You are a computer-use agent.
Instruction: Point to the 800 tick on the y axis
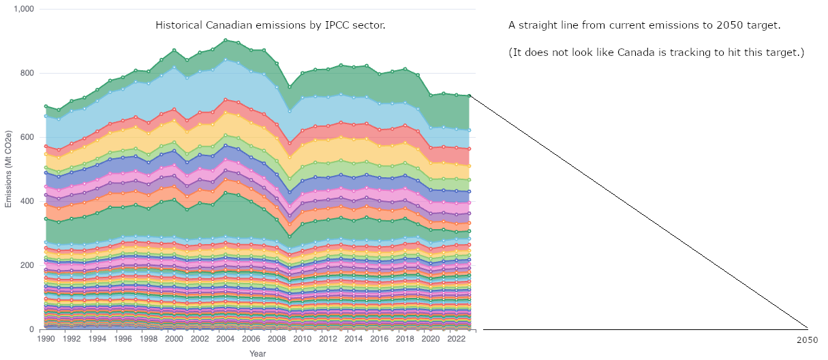[28, 73]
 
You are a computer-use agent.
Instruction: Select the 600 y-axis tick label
[28, 137]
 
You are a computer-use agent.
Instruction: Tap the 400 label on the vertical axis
[28, 201]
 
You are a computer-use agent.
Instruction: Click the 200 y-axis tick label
[28, 265]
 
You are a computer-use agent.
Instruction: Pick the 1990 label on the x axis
[46, 339]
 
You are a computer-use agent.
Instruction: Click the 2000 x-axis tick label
[174, 339]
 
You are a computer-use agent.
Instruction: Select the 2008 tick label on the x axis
[277, 339]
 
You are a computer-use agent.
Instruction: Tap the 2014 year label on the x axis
[354, 339]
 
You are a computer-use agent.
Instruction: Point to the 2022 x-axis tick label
[456, 339]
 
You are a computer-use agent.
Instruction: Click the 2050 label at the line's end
[807, 340]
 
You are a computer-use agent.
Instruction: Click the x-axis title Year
[258, 354]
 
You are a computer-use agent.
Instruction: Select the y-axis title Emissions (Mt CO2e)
[9, 169]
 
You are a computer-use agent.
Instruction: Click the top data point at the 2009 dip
[290, 87]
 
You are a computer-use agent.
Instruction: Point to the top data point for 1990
[46, 106]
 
